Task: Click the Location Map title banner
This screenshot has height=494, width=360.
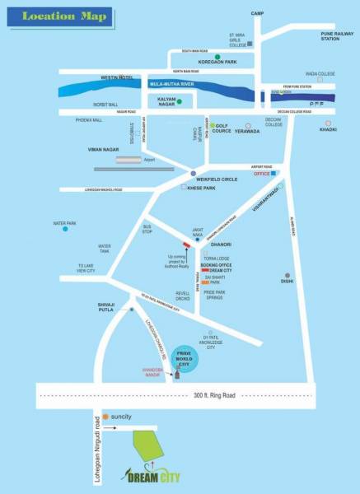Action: pos(56,16)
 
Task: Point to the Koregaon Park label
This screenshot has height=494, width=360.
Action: pos(217,61)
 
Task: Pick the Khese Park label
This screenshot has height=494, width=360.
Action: pos(202,189)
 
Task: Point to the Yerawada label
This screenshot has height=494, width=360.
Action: pos(247,131)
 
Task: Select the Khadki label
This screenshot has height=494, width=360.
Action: pos(328,130)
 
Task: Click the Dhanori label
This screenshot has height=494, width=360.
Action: pos(220,245)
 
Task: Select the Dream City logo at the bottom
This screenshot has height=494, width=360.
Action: pos(154,474)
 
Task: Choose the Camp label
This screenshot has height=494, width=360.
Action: pos(257,14)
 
